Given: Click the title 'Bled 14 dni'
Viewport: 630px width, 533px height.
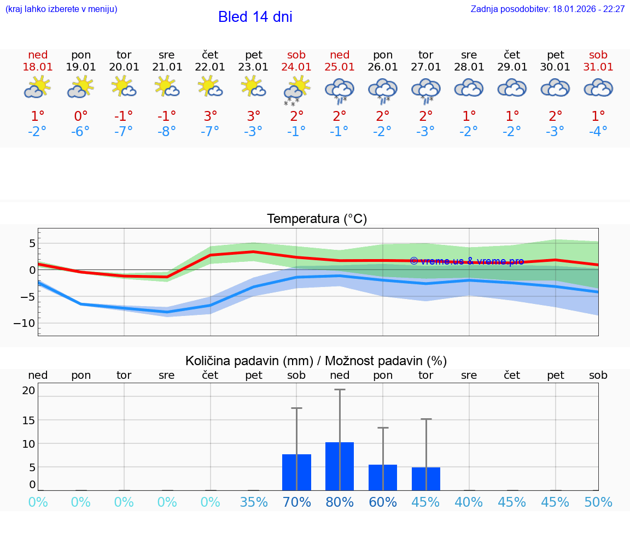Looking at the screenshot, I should click(x=255, y=17).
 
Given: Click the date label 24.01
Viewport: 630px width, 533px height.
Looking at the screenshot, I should click(x=296, y=67).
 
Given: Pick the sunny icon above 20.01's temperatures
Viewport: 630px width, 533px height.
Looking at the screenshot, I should click(x=124, y=87).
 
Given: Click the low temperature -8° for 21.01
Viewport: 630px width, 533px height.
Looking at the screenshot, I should click(x=167, y=131).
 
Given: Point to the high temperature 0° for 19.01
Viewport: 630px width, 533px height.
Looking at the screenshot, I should click(x=80, y=116).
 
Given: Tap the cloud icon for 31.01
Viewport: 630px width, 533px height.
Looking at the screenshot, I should click(x=598, y=88).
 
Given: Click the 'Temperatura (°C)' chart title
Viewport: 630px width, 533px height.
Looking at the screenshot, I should click(x=317, y=219).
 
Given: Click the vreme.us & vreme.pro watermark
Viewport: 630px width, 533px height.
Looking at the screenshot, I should click(x=466, y=261).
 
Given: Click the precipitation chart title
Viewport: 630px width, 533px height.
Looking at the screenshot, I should click(x=316, y=361).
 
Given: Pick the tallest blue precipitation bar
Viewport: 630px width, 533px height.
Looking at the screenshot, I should click(x=340, y=466).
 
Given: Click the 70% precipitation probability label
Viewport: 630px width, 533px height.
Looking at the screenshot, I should click(x=296, y=502).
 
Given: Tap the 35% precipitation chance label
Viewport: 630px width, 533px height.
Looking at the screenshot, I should click(x=254, y=502).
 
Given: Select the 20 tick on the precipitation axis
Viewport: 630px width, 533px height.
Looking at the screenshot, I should click(x=28, y=390).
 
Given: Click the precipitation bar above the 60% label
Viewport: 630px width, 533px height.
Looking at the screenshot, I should click(x=383, y=477).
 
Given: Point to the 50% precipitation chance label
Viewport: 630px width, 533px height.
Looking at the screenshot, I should click(x=598, y=502).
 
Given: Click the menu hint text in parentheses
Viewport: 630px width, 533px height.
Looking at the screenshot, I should click(x=61, y=9).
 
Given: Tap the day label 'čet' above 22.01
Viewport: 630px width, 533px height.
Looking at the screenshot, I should click(x=210, y=55).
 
